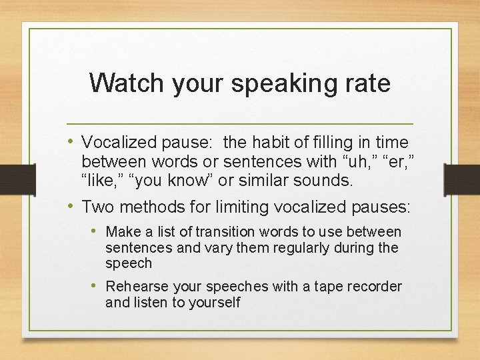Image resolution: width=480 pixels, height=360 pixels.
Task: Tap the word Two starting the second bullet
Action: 97,207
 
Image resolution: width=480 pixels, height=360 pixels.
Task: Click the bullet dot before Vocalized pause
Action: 71,141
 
